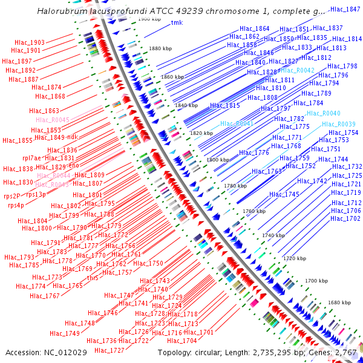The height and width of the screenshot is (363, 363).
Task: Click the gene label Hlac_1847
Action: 345,9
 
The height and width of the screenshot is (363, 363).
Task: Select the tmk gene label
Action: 177,23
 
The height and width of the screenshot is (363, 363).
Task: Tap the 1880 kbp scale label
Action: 160,48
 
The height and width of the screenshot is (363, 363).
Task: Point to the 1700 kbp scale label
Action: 316,281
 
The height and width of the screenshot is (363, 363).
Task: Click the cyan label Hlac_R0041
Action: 237,123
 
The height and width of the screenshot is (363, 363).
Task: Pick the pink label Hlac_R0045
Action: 53,120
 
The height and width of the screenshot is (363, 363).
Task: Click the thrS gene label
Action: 93,278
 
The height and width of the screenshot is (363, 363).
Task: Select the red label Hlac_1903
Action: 30,42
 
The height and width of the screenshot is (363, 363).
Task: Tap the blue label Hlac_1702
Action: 345,218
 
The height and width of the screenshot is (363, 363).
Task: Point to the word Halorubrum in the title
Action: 62,11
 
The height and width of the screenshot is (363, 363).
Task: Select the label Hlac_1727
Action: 110,350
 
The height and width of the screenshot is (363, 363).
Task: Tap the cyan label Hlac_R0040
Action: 323,113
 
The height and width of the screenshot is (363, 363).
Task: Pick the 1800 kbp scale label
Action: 217,160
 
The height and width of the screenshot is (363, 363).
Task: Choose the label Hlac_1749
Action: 64,333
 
